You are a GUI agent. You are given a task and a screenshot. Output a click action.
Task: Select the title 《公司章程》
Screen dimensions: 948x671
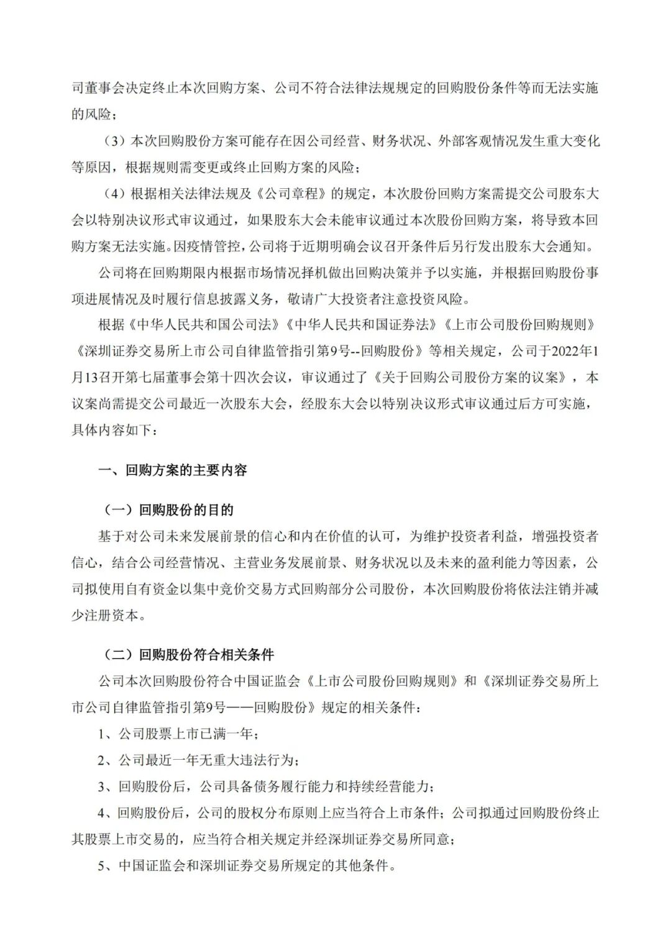tap(291, 193)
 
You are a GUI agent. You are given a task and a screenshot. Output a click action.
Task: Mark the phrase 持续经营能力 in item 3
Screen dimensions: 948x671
tap(391, 786)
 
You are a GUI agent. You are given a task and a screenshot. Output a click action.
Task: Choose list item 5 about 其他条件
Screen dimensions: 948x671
tap(247, 865)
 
